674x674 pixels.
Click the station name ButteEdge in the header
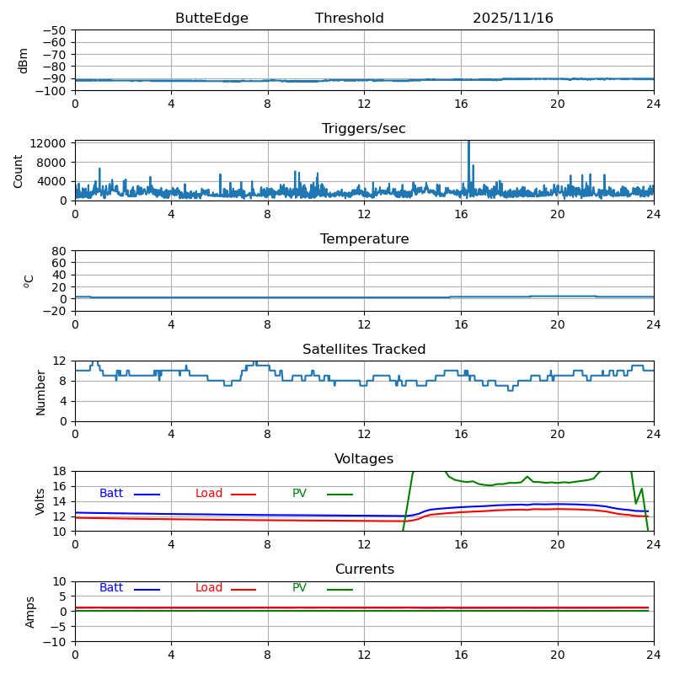[x=211, y=19]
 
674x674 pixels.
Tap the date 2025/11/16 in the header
[x=512, y=19]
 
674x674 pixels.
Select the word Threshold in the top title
[x=349, y=19]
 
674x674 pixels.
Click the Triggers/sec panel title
[x=364, y=129]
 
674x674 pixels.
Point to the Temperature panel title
[x=364, y=239]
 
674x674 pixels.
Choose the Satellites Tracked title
[x=364, y=350]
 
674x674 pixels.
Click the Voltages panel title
[x=364, y=459]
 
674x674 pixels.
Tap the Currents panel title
[x=364, y=570]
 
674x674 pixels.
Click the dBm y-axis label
[x=24, y=60]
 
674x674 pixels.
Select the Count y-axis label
[x=19, y=170]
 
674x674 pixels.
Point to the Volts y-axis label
[x=40, y=501]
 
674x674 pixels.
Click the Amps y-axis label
[x=30, y=612]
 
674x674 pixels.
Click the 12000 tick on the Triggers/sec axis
[x=50, y=144]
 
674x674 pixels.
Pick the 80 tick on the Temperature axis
[x=60, y=251]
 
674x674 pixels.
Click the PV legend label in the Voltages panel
[x=299, y=494]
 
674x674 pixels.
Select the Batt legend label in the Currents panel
[x=111, y=588]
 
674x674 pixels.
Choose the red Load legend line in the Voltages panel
[x=243, y=495]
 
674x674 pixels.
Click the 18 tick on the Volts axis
[x=60, y=472]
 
